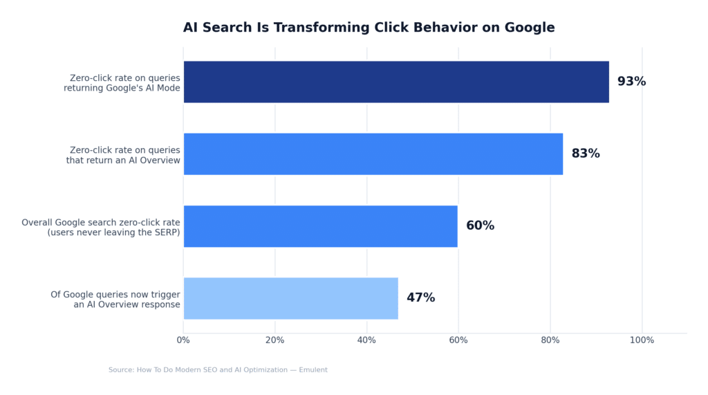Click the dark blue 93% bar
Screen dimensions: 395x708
click(x=395, y=82)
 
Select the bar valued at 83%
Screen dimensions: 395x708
click(x=373, y=154)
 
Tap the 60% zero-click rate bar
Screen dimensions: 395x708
click(x=320, y=226)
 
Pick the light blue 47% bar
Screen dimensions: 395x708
click(x=290, y=298)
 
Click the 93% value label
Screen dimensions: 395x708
click(x=631, y=82)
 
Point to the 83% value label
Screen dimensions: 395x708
click(x=586, y=154)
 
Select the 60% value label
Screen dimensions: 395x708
click(x=480, y=226)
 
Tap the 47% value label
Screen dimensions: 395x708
click(x=420, y=298)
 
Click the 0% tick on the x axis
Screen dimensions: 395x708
click(x=183, y=340)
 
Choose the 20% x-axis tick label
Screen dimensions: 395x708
click(x=275, y=340)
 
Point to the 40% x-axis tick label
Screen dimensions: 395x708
click(x=366, y=340)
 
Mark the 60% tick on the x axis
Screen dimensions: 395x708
click(x=458, y=340)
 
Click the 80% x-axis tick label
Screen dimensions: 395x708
click(x=550, y=340)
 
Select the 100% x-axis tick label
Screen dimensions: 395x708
click(x=642, y=340)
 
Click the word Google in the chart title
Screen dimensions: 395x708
click(x=529, y=28)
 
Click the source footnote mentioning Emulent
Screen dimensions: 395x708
click(x=218, y=370)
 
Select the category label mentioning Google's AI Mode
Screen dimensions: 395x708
click(x=122, y=88)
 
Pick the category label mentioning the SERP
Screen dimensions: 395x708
click(x=113, y=232)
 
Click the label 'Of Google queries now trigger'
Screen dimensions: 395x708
click(x=115, y=295)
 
